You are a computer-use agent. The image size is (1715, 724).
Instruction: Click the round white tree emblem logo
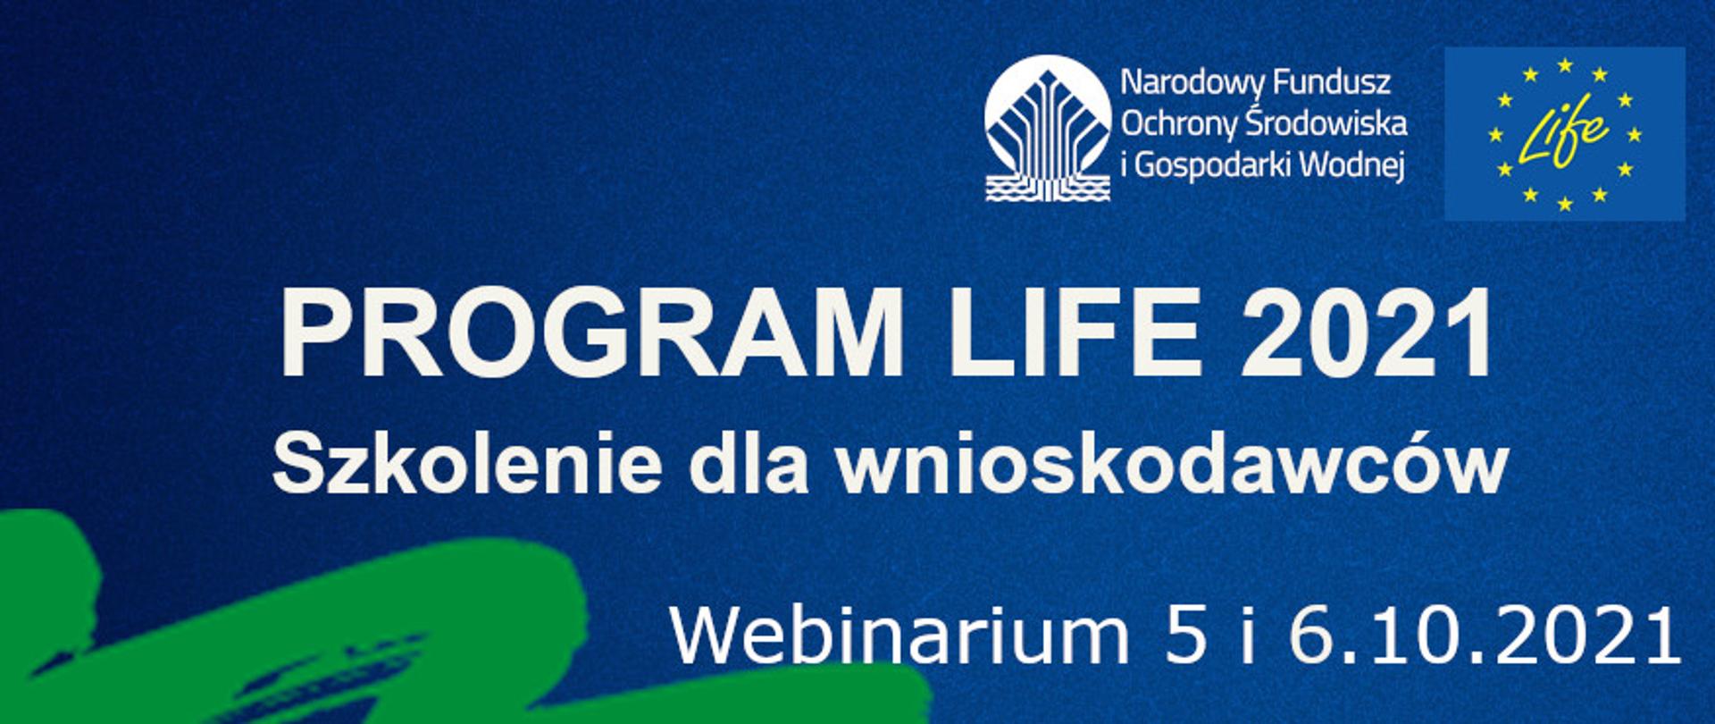(x=1048, y=128)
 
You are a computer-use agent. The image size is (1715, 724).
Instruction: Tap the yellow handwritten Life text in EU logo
(x=1563, y=135)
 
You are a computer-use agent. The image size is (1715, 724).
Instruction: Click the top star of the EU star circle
(x=1565, y=65)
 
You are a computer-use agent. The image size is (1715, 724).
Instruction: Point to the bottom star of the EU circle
(x=1565, y=204)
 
